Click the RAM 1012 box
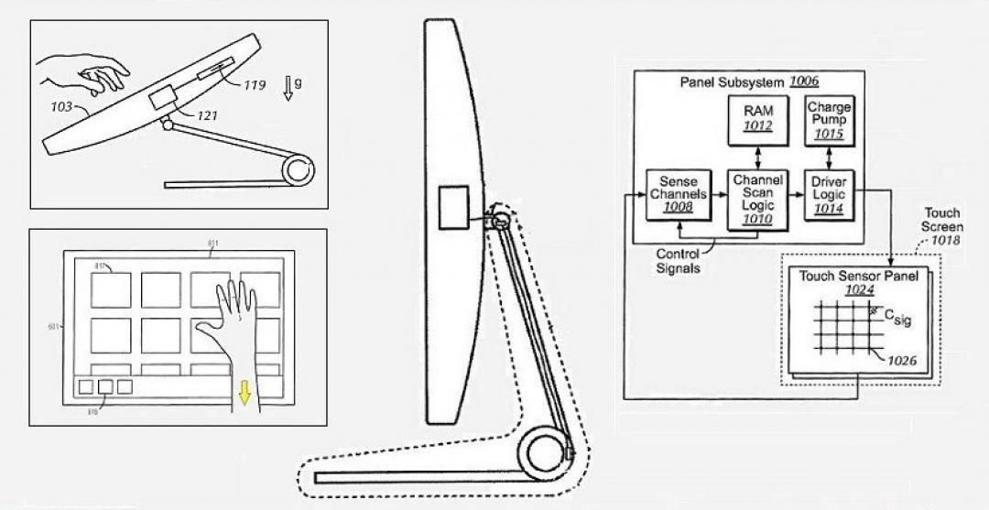[757, 120]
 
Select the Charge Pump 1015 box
[830, 120]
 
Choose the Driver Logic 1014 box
[830, 194]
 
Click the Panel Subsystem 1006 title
[748, 81]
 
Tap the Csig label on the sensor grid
[897, 318]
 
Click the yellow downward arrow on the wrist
[244, 391]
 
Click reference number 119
[254, 86]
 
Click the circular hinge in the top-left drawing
[299, 170]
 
